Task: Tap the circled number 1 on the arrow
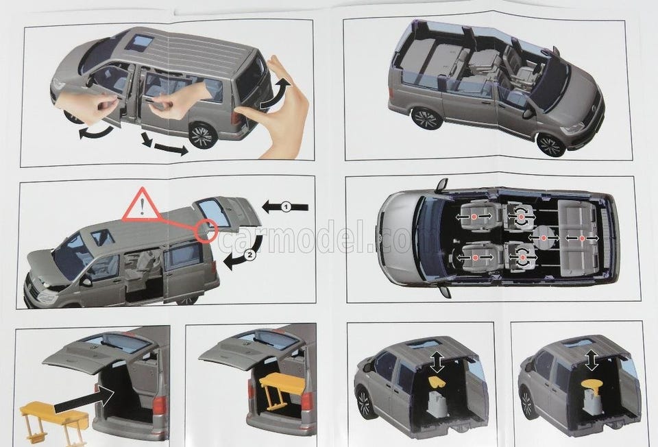tap(285, 206)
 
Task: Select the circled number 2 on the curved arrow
tap(249, 254)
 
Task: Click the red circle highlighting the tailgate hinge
tap(206, 230)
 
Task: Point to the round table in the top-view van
tap(544, 238)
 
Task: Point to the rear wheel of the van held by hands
tap(201, 135)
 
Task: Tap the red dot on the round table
tap(544, 238)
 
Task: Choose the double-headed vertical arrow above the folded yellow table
tap(437, 362)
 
